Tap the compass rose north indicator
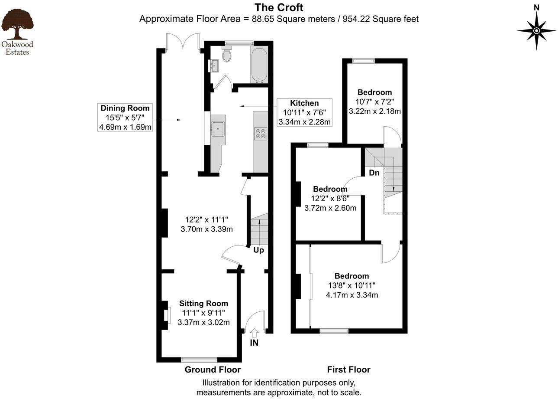click(x=536, y=30)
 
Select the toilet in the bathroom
click(x=226, y=55)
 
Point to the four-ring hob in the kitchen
click(x=261, y=134)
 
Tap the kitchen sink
click(x=217, y=127)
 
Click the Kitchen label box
click(x=304, y=112)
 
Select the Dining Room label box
click(x=125, y=117)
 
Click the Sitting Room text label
click(x=203, y=304)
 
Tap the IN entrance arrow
click(x=254, y=333)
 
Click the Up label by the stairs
click(x=258, y=250)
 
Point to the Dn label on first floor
click(x=374, y=173)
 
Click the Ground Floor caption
click(x=213, y=370)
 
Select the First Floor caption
click(x=348, y=370)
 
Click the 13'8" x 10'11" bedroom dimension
click(x=352, y=286)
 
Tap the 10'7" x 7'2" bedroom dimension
click(x=374, y=102)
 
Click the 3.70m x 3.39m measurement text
click(x=206, y=229)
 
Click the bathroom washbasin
click(x=215, y=66)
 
